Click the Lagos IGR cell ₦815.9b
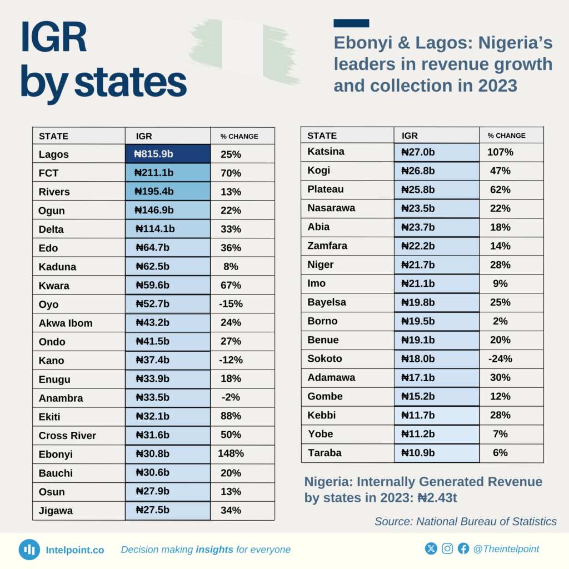[x=167, y=154]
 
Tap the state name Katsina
[x=326, y=151]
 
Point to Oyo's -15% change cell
[x=230, y=304]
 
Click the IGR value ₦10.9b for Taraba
[x=419, y=452]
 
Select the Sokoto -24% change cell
[x=500, y=358]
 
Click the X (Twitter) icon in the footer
[x=431, y=549]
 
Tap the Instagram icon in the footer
[x=447, y=549]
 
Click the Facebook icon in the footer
[x=463, y=549]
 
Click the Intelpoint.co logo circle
[x=29, y=550]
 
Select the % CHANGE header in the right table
[x=506, y=136]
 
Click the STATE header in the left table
[x=53, y=136]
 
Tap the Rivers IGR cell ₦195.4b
[x=167, y=192]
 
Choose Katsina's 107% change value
[x=500, y=152]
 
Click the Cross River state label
[x=67, y=436]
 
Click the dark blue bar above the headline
[x=351, y=23]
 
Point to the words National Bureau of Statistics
[x=486, y=521]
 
